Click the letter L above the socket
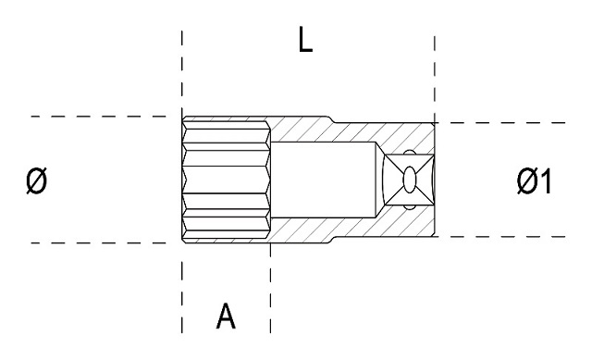305,40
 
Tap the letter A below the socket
226,316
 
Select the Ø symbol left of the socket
37,181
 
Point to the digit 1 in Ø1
545,181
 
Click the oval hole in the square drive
410,180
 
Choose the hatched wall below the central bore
351,228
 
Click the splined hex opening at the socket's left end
226,180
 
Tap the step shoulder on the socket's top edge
331,119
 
